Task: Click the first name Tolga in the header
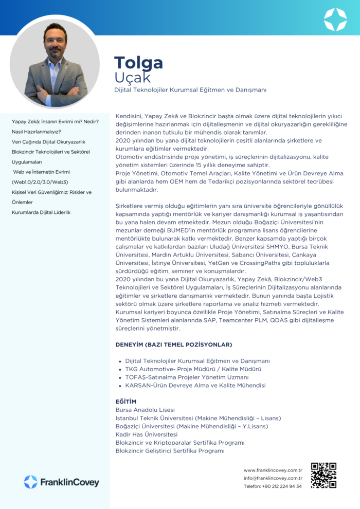(x=138, y=63)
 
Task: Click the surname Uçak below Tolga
(x=132, y=78)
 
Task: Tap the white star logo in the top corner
(x=335, y=20)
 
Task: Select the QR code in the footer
(x=323, y=475)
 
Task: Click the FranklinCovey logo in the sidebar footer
(x=61, y=482)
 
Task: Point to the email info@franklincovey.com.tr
(x=273, y=478)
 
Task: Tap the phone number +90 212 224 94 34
(x=273, y=486)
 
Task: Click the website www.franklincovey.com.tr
(x=273, y=470)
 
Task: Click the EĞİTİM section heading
(x=126, y=402)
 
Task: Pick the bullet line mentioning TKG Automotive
(x=193, y=369)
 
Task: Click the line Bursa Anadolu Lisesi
(x=145, y=410)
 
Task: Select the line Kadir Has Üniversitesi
(x=145, y=434)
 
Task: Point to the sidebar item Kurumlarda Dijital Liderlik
(x=41, y=212)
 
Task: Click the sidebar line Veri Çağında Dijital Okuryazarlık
(x=49, y=142)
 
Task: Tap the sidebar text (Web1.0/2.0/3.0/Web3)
(x=40, y=182)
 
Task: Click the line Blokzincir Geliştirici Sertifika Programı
(x=170, y=451)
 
